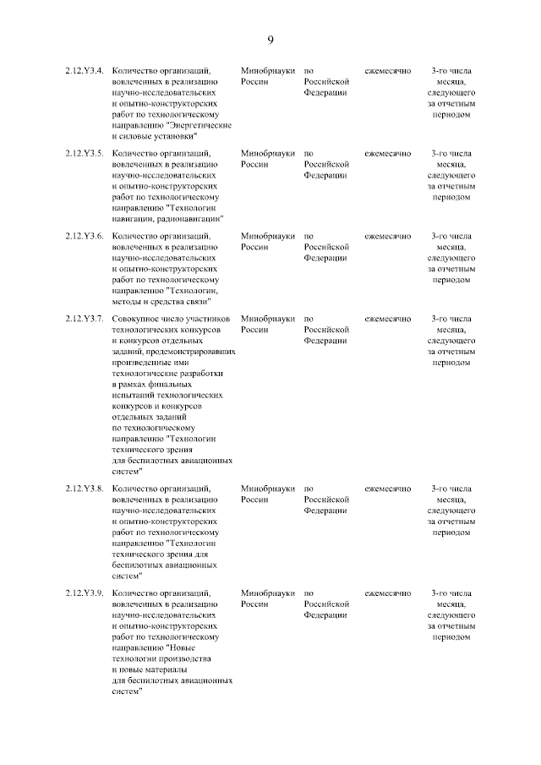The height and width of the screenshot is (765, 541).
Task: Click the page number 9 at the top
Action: (x=270, y=40)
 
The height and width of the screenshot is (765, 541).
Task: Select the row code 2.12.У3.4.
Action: (x=85, y=71)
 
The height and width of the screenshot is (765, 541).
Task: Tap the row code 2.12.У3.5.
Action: (x=85, y=154)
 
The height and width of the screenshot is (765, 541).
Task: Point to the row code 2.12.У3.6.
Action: (x=85, y=237)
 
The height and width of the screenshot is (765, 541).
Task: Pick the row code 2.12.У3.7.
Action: (x=85, y=320)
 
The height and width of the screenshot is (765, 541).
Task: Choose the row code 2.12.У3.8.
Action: (x=85, y=489)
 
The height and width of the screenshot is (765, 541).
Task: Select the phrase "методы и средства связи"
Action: (x=161, y=300)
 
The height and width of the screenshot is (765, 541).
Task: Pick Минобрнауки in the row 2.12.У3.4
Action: (x=267, y=71)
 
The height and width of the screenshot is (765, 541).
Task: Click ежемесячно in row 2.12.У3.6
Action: (x=387, y=237)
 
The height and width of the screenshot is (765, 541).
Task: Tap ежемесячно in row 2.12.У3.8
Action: (x=387, y=489)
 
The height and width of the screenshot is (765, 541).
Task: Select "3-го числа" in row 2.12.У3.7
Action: (x=451, y=320)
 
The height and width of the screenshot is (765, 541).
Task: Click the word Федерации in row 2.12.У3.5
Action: (x=325, y=175)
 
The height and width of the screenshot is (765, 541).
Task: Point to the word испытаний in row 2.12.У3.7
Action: (x=130, y=395)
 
